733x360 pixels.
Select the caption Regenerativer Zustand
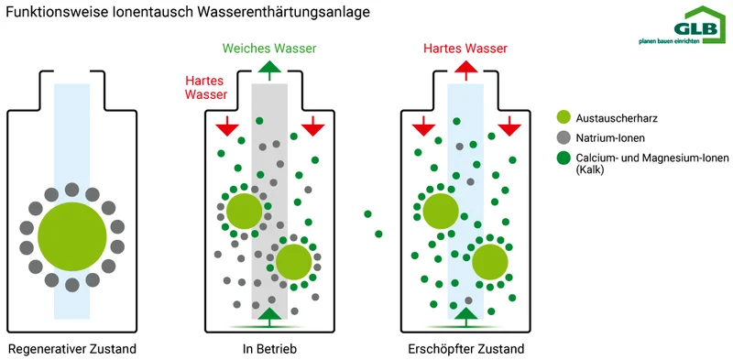click(x=72, y=349)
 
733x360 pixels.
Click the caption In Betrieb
click(x=270, y=349)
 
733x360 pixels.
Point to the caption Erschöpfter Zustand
click(x=466, y=349)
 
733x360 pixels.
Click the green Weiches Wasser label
click(x=269, y=49)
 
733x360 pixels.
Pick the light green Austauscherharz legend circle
click(x=564, y=117)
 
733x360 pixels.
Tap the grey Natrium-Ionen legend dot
click(x=564, y=138)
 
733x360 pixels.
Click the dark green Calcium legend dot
click(x=564, y=158)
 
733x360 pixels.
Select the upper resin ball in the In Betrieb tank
click(x=244, y=211)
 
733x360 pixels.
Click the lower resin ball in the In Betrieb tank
click(x=293, y=263)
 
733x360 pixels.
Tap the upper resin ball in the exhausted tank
click(x=441, y=211)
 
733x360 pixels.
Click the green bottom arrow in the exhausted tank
click(x=466, y=316)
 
